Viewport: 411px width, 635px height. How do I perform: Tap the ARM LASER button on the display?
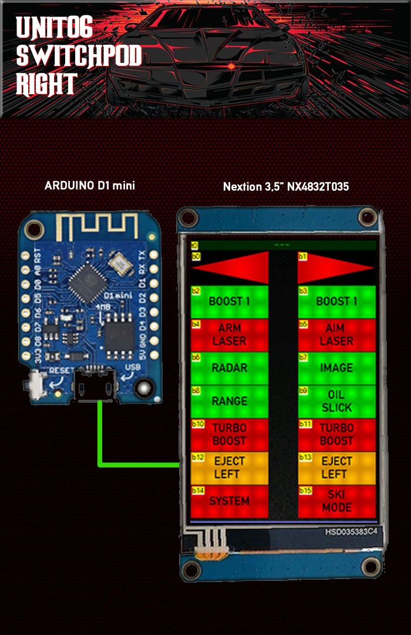click(230, 335)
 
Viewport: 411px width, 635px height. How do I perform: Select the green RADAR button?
click(230, 368)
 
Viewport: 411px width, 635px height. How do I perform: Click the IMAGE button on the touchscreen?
click(336, 368)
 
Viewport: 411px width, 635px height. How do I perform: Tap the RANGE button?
click(230, 402)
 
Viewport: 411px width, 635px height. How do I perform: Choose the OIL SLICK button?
click(336, 401)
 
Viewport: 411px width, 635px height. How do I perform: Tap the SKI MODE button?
click(336, 501)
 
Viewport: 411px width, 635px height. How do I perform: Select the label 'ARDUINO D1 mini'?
click(90, 186)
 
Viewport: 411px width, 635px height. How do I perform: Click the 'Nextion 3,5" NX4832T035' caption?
click(286, 187)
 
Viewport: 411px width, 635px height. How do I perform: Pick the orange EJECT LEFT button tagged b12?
click(230, 468)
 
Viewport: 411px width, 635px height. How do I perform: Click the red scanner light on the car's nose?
click(233, 66)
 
